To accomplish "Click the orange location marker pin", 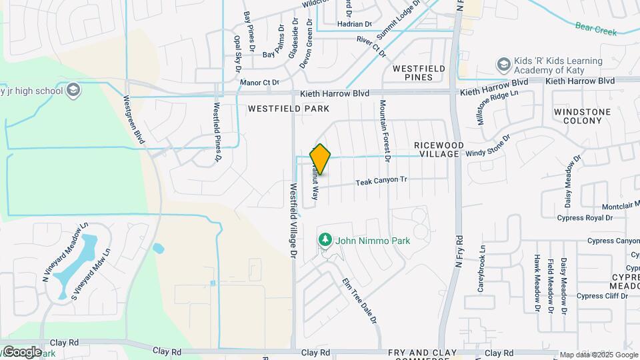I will pos(321,159).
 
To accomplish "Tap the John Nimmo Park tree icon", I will pos(325,239).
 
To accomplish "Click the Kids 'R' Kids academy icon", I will pos(504,65).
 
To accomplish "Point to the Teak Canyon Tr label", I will pos(381,181).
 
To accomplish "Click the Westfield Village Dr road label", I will pos(292,221).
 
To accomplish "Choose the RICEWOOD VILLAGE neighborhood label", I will pos(437,149).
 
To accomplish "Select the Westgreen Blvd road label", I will pos(134,118).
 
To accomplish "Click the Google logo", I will pos(21,351).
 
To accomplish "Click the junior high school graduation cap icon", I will pos(73,90).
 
